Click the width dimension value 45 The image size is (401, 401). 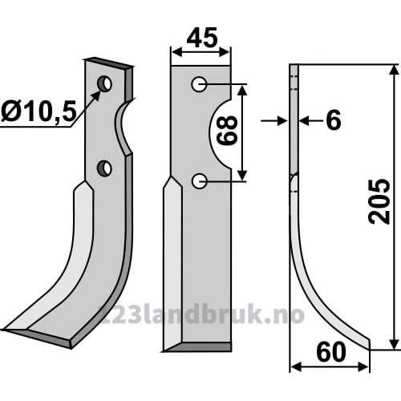click(202, 38)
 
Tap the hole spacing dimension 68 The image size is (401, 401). click(227, 130)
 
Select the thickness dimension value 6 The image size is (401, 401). click(334, 120)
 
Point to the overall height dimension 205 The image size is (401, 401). click(379, 201)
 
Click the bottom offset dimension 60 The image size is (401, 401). click(331, 352)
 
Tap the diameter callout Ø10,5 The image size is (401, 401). click(39, 111)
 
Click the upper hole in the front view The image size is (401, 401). click(199, 84)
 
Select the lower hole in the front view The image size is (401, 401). click(199, 181)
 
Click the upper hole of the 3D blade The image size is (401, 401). click(104, 83)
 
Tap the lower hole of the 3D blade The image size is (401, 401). click(104, 168)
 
